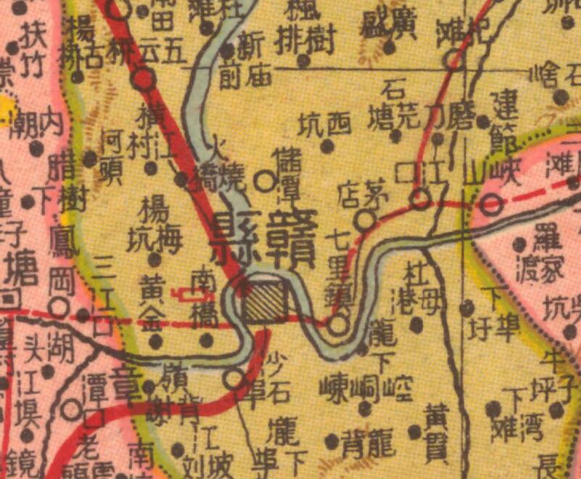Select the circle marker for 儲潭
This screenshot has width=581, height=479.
pos(265,181)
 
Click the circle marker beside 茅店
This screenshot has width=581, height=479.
pos(366,219)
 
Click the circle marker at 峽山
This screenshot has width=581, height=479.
pos(493,205)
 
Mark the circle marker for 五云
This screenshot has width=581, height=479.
pos(146,78)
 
